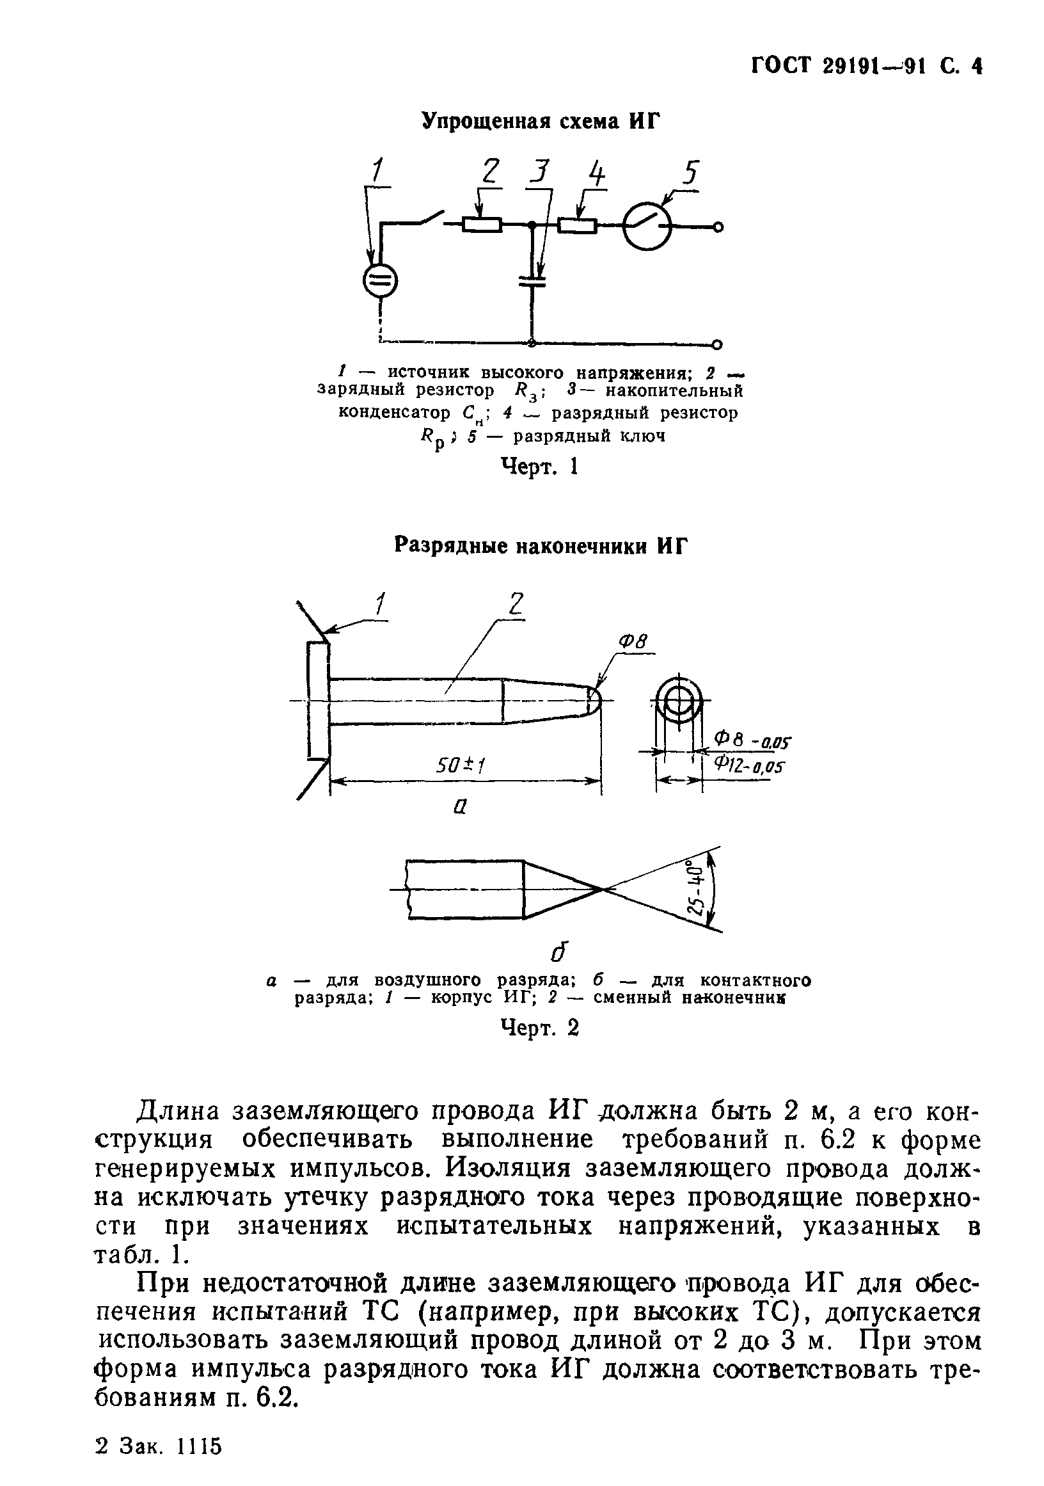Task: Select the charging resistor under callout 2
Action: pos(482,225)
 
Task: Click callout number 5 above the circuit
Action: pos(692,173)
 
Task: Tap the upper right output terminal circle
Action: pos(718,227)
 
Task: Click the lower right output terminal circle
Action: pos(718,344)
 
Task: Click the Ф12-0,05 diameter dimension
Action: pos(748,767)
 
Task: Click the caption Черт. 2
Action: pos(539,1028)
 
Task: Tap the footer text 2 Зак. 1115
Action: pos(158,1445)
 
